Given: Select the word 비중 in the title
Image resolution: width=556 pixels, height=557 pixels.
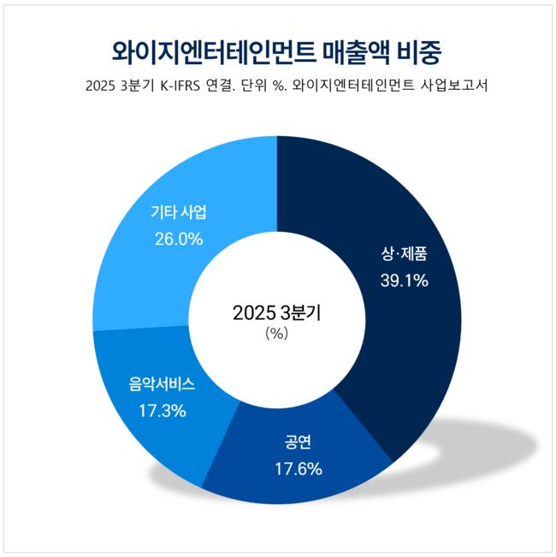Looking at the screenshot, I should (x=422, y=53).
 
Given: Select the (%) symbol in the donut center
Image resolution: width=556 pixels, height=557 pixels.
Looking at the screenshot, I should (x=277, y=334).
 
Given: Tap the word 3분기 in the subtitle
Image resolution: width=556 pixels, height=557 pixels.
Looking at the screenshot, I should (x=142, y=87).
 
